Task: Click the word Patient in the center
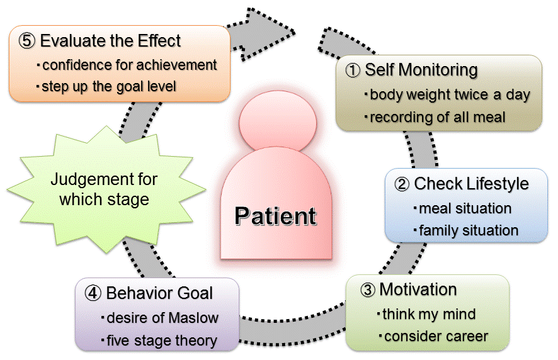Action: tap(275, 216)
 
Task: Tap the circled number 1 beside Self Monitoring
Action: tap(353, 70)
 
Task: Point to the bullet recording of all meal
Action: tap(437, 117)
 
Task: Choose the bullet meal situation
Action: tap(465, 208)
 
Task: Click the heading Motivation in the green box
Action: tap(418, 290)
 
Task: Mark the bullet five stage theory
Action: tap(161, 340)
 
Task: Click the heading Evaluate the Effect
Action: tap(110, 42)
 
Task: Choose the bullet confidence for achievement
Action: tap(129, 64)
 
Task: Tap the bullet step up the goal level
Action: tap(108, 86)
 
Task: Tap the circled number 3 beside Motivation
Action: tap(368, 290)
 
